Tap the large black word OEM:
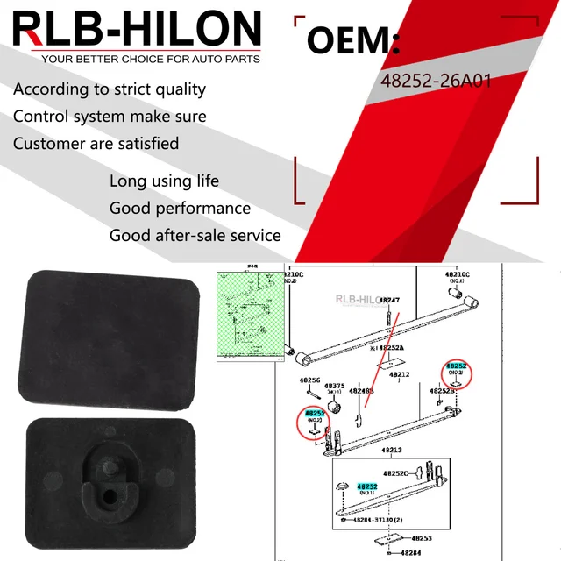(x=354, y=41)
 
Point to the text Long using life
(x=164, y=181)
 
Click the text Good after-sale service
(x=195, y=235)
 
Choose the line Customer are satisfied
(x=96, y=143)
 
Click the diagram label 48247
(x=389, y=301)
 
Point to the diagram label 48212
(x=399, y=374)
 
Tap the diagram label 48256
(x=312, y=380)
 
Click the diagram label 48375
(x=334, y=385)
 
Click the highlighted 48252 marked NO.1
(x=366, y=486)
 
